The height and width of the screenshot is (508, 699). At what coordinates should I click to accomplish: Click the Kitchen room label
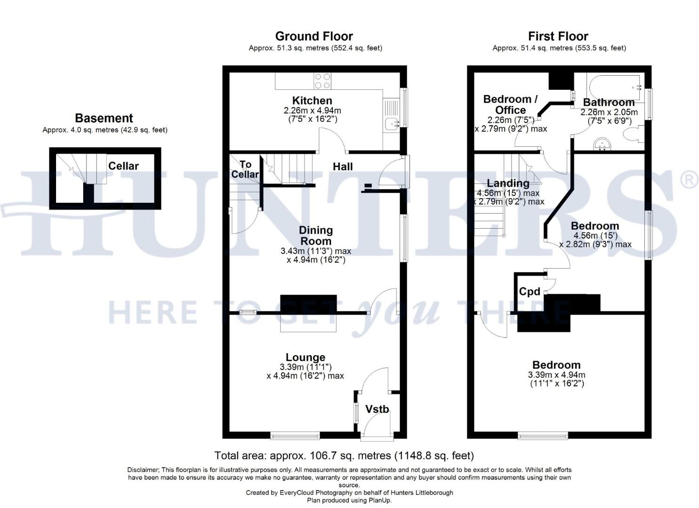coord(312,101)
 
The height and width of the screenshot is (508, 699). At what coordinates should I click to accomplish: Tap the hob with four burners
coord(322,81)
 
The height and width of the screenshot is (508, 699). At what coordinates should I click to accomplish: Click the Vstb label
coord(378,409)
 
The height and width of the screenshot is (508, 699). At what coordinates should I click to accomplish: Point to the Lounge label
coord(305,357)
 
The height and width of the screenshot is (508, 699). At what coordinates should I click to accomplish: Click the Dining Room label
coord(316,235)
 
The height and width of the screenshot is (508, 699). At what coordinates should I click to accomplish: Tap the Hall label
coord(343,167)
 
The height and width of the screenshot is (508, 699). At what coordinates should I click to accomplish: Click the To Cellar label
coord(245,169)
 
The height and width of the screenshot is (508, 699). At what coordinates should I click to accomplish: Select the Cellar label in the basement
coord(123,166)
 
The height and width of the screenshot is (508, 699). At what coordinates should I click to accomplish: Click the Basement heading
coord(104,118)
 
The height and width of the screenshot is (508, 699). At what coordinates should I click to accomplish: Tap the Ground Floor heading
coord(314,36)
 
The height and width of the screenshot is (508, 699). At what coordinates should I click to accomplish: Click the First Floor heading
coord(558,36)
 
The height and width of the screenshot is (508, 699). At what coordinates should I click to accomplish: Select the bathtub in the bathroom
coord(613,86)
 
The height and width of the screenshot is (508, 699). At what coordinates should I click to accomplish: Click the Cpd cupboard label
coord(530,292)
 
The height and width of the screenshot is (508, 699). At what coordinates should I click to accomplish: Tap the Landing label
coord(508,183)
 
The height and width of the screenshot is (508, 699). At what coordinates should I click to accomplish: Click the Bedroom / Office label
coord(510,104)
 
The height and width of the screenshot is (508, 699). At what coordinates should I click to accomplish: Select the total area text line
coord(344,455)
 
